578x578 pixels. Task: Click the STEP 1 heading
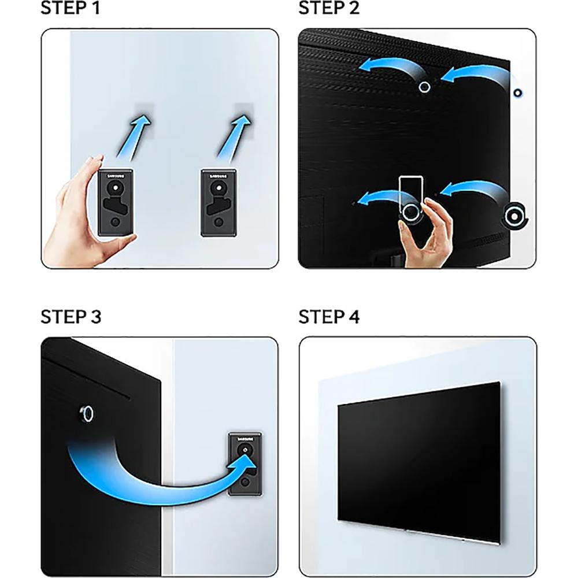tap(70, 8)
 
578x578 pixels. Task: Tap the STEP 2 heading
tap(329, 8)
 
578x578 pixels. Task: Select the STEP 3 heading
tap(71, 317)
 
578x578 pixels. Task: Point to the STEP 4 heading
tap(329, 317)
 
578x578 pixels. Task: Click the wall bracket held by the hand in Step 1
tap(116, 202)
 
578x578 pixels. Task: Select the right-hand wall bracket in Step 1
tap(219, 202)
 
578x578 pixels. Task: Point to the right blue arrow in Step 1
tap(235, 138)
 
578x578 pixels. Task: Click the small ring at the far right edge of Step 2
tap(517, 93)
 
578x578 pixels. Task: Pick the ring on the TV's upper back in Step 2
tap(425, 87)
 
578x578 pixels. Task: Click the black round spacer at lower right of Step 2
tap(514, 216)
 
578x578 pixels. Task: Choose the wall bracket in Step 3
tap(245, 464)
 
